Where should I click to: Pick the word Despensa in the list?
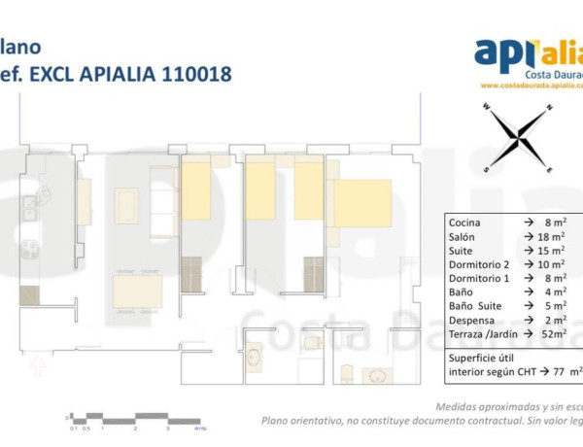[x=473, y=319]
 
